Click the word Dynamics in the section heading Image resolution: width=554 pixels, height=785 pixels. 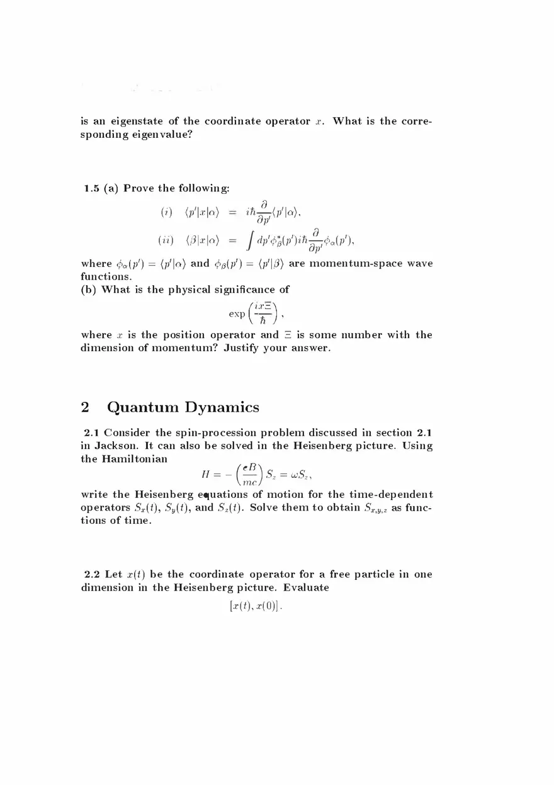click(221, 407)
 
